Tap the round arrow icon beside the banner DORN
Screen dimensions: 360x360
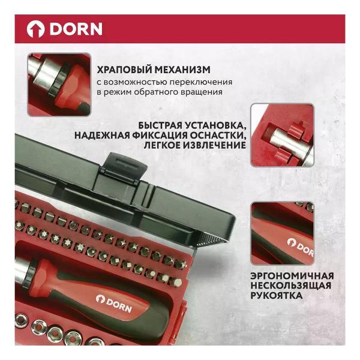pos(35,29)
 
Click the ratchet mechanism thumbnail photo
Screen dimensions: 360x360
pos(59,83)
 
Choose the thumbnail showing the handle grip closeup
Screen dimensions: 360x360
pos(282,233)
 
